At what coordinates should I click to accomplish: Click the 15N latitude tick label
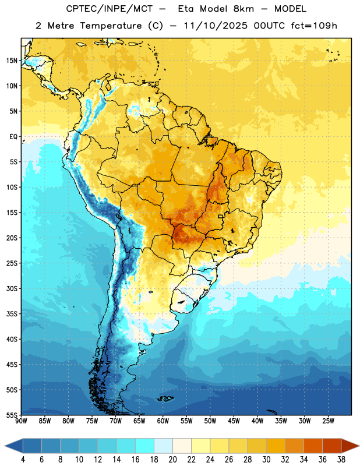coord(12,61)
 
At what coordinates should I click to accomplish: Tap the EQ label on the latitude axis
coord(13,137)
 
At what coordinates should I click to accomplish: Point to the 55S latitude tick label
coord(12,415)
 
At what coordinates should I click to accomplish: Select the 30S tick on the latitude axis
coord(12,288)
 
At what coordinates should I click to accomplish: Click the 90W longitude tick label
coord(21,421)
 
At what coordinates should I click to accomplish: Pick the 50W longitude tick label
coord(210,421)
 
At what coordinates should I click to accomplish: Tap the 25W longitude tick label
coord(328,421)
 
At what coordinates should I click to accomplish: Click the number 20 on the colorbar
coord(172,460)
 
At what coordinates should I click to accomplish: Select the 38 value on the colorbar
coord(341,460)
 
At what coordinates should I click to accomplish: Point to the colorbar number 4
coord(23,460)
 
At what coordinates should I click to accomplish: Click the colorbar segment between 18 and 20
coord(164,446)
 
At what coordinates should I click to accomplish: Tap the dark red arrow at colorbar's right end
coord(350,446)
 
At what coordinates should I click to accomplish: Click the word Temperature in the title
coord(111,26)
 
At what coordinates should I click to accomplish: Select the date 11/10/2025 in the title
coord(216,26)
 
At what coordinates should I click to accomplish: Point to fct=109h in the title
coord(314,26)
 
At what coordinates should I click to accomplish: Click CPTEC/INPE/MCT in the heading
coord(109,9)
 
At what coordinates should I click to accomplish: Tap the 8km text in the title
coord(243,9)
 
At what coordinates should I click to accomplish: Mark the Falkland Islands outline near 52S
coord(165,398)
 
